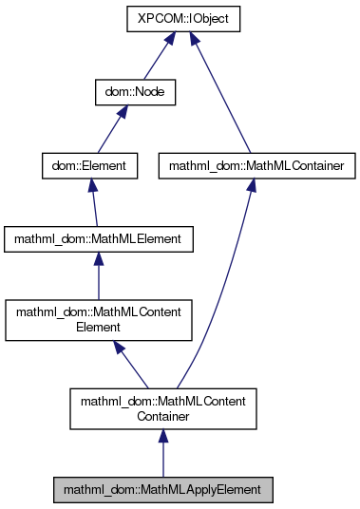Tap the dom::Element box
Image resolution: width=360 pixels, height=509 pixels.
[90, 166]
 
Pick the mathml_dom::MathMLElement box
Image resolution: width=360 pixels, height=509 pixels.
[99, 239]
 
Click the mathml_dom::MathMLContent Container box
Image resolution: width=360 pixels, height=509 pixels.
[162, 408]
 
